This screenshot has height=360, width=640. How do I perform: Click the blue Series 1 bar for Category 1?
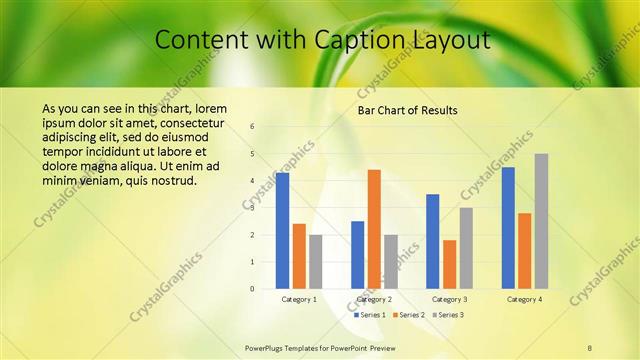point(283,230)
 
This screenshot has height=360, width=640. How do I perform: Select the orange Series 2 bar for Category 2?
point(374,228)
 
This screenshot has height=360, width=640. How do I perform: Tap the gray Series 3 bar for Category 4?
point(541,221)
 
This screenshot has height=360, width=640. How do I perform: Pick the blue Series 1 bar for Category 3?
point(433,241)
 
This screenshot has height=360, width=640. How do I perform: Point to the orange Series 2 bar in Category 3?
point(449,264)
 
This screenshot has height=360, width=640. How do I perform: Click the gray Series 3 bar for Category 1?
point(316,261)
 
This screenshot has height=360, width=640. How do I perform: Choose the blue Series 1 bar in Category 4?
point(508,227)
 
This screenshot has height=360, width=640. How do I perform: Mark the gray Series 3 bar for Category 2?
point(390,261)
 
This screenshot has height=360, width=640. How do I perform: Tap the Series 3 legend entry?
point(448,314)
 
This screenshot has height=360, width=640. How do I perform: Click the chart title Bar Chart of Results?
point(407,110)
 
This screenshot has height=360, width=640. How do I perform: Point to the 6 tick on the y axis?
point(253,126)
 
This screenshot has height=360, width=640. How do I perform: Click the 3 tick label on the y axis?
point(253,208)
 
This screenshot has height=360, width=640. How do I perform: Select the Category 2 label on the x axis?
point(373,299)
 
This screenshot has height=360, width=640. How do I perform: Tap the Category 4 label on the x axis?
point(524,299)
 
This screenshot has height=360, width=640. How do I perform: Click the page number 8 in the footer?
point(590,347)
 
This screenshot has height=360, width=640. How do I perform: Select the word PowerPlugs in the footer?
point(267,347)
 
